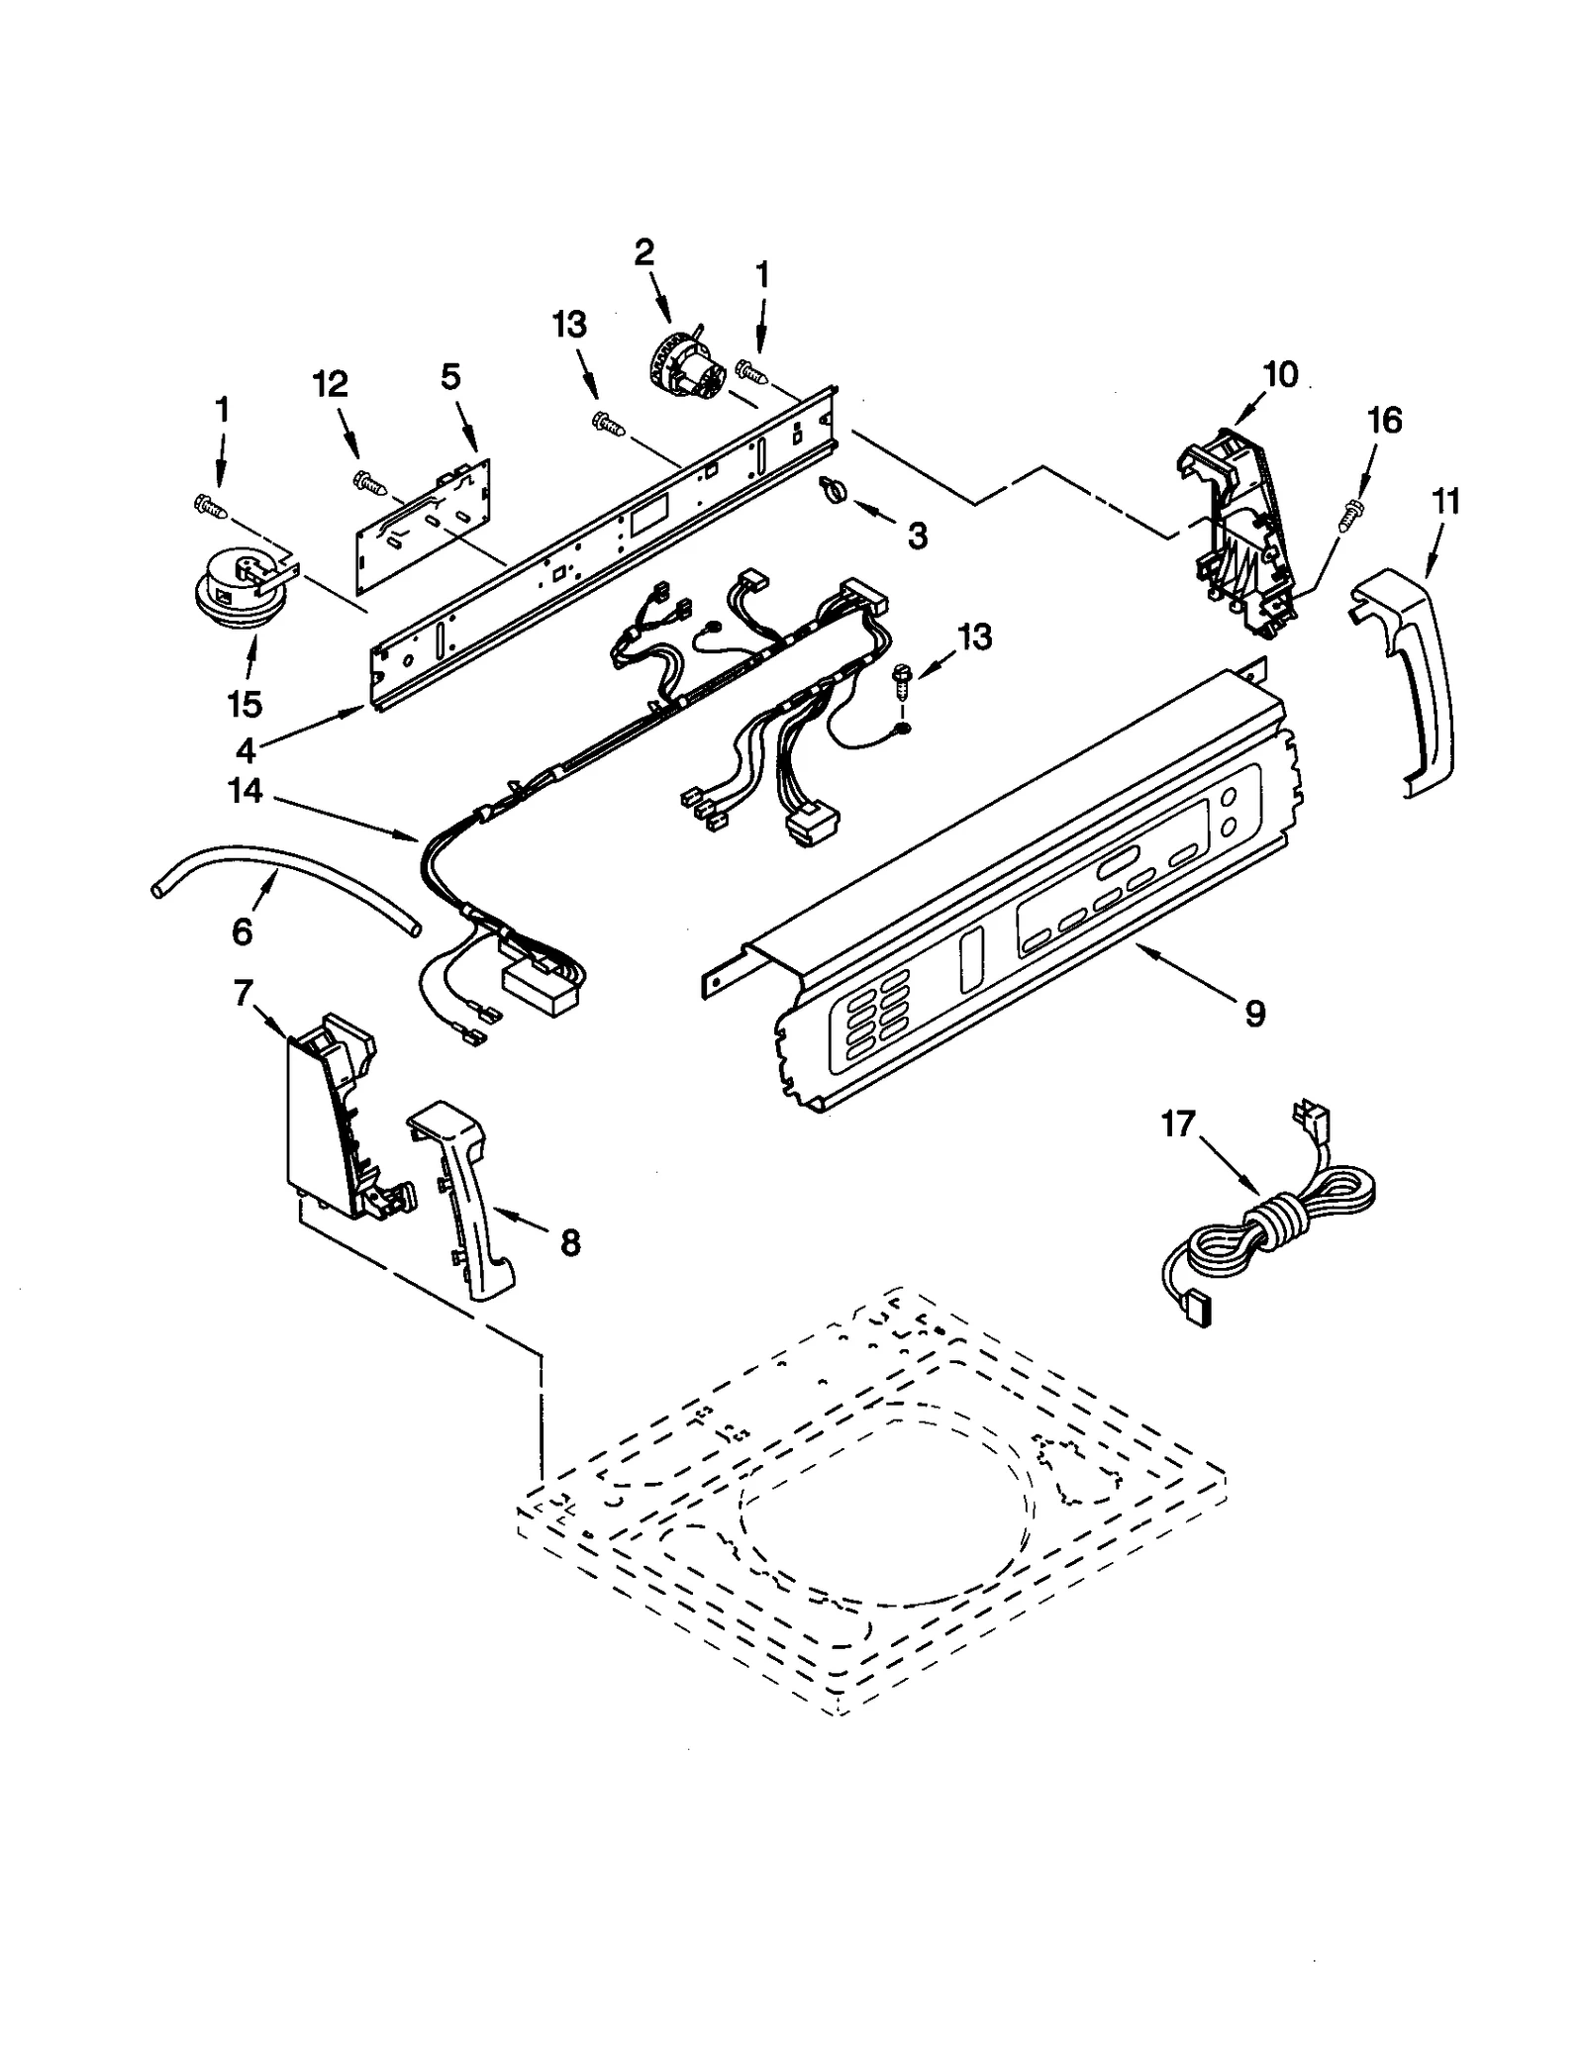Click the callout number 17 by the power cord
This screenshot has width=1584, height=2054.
tap(1178, 1125)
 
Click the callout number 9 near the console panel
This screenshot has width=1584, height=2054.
tap(1254, 1013)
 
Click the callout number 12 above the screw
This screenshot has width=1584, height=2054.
tap(331, 384)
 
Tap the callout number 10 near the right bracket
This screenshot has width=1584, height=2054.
tap(1280, 375)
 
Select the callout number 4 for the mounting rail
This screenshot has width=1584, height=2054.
tap(246, 751)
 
